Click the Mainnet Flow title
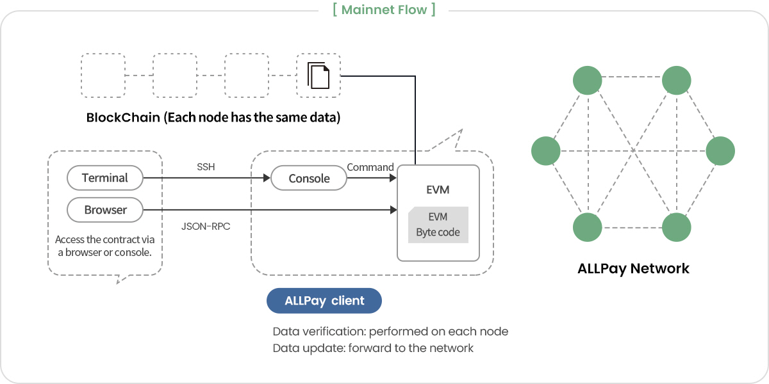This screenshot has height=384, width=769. [x=384, y=10]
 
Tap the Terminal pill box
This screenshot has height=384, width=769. [x=105, y=178]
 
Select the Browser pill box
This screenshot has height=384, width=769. [x=105, y=210]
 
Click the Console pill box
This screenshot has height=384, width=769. [x=309, y=179]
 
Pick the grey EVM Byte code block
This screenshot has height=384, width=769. [x=438, y=225]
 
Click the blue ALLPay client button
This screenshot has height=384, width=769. [x=324, y=301]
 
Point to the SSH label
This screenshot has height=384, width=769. [x=206, y=167]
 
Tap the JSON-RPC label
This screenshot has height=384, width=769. [x=206, y=225]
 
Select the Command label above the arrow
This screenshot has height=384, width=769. [x=370, y=167]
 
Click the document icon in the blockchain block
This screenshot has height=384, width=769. [x=318, y=76]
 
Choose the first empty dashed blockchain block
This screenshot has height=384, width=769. [x=103, y=76]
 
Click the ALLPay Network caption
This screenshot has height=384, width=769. [x=633, y=268]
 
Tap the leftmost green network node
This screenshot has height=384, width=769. [x=546, y=152]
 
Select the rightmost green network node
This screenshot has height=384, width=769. [x=720, y=152]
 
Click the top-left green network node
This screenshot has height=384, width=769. [x=587, y=80]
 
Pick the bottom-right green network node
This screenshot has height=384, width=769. [x=676, y=227]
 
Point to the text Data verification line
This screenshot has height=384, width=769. [x=390, y=332]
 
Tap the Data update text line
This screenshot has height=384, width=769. [x=373, y=348]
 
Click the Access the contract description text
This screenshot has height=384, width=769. [x=105, y=246]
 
